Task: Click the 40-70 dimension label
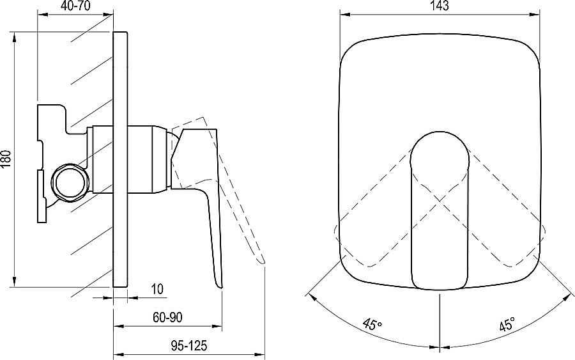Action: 75,6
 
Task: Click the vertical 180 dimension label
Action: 6,159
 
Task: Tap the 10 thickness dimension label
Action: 157,289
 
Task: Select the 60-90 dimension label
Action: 167,317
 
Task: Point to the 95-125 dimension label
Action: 189,345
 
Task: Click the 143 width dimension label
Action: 440,6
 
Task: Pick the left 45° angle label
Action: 372,323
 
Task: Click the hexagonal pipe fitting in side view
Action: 70,182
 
